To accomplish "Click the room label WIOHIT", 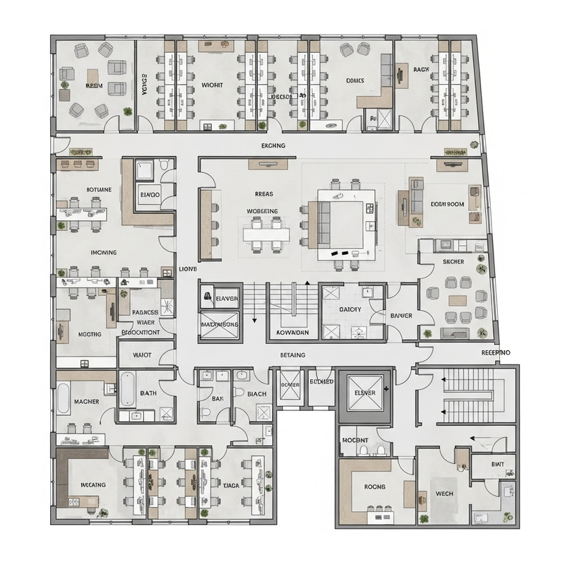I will (x=212, y=85).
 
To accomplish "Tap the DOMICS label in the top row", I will (x=355, y=81).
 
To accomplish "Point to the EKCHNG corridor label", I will (x=273, y=146).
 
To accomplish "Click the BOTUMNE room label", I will (x=99, y=190).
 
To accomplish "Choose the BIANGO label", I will (x=150, y=194).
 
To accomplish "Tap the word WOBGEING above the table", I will (x=262, y=211).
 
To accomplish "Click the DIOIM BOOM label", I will (x=447, y=204).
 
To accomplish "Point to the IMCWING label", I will (x=104, y=252).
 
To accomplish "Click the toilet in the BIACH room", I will (x=239, y=392).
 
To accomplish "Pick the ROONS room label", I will (x=374, y=487).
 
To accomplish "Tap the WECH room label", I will (x=444, y=494).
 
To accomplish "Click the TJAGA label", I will (x=231, y=486).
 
